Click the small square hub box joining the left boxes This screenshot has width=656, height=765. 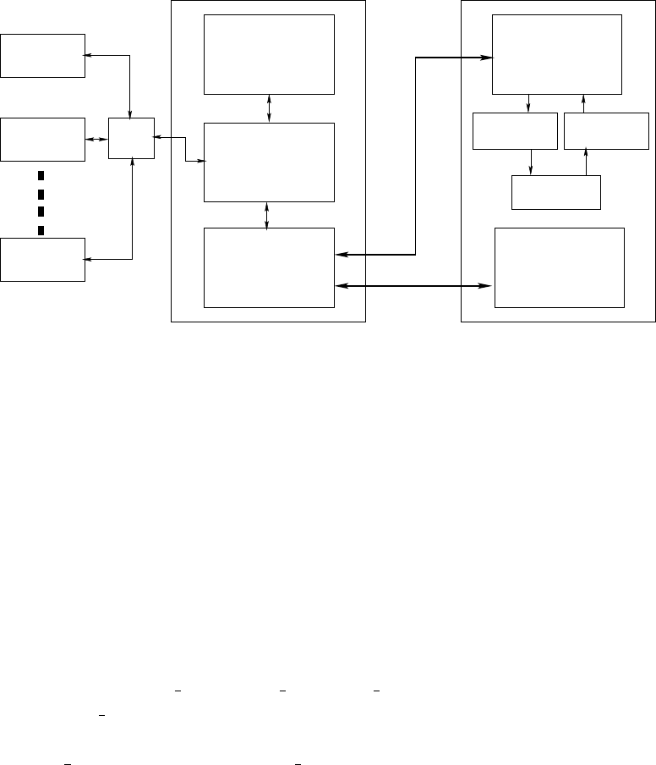(x=132, y=138)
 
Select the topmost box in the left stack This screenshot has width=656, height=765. (x=43, y=55)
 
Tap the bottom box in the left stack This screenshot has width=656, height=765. (x=43, y=259)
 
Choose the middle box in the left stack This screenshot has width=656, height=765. (x=43, y=139)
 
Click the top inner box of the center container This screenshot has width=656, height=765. (x=269, y=54)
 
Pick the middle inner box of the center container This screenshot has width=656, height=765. (x=269, y=162)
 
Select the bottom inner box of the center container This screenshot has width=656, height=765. (x=269, y=267)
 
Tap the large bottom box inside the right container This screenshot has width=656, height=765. (x=559, y=267)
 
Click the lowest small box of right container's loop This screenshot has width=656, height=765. (x=556, y=192)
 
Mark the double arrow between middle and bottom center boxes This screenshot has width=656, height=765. (x=268, y=215)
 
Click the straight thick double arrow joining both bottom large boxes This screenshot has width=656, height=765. (x=414, y=286)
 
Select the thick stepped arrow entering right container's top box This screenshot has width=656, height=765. (x=416, y=152)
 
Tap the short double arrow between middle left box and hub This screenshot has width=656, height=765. (x=97, y=139)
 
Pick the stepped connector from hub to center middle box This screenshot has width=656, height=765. (x=185, y=148)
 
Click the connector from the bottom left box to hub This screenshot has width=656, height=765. (x=133, y=220)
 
